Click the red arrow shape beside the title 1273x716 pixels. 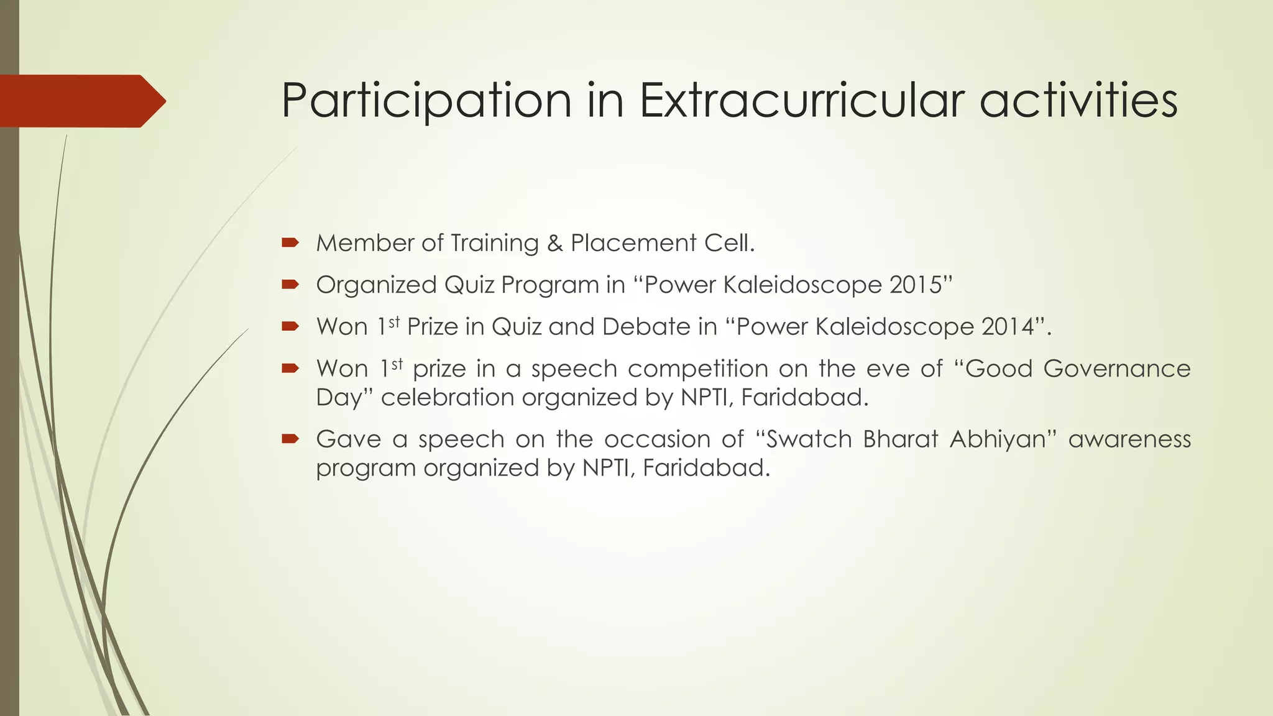pos(81,101)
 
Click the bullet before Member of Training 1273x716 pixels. pos(290,243)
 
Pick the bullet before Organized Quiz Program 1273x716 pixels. pos(290,285)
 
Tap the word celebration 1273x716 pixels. pos(447,397)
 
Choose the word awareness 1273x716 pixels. pos(1129,439)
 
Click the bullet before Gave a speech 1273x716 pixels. pos(290,439)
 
